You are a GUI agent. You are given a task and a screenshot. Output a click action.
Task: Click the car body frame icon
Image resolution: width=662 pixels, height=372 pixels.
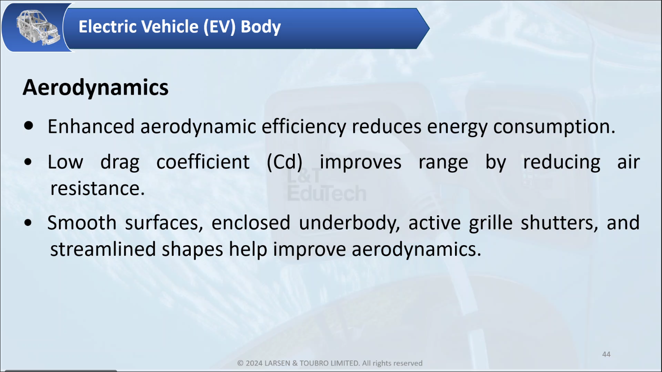pyautogui.click(x=38, y=27)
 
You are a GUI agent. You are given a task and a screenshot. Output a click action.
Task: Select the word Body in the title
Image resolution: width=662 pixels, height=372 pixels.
pyautogui.click(x=260, y=27)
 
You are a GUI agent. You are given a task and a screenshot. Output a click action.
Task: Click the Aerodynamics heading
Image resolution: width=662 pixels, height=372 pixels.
pyautogui.click(x=95, y=88)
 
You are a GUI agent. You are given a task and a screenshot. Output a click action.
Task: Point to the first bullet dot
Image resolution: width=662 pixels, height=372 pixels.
pyautogui.click(x=29, y=126)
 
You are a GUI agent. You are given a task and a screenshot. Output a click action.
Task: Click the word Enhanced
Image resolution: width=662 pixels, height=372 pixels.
pyautogui.click(x=91, y=126)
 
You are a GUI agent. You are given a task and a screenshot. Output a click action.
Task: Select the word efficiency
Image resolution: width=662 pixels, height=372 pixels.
pyautogui.click(x=304, y=127)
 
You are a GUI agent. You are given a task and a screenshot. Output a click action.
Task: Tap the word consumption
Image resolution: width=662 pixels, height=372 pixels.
pyautogui.click(x=554, y=127)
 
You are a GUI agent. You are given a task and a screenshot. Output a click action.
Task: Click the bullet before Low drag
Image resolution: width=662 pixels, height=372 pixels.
pyautogui.click(x=28, y=162)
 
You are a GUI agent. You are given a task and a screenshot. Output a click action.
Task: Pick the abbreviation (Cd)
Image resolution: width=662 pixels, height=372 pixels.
pyautogui.click(x=284, y=162)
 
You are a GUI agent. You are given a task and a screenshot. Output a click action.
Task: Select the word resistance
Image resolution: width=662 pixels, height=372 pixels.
pyautogui.click(x=97, y=188)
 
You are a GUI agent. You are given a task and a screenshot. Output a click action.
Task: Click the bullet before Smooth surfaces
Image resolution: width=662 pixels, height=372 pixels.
pyautogui.click(x=28, y=223)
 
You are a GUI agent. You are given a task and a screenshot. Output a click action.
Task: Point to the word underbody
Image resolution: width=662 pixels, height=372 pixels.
pyautogui.click(x=349, y=223)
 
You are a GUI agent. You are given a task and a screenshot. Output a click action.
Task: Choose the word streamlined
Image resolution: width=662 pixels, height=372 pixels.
pyautogui.click(x=103, y=249)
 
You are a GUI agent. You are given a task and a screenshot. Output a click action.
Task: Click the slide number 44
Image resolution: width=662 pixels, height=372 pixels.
pyautogui.click(x=606, y=354)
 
